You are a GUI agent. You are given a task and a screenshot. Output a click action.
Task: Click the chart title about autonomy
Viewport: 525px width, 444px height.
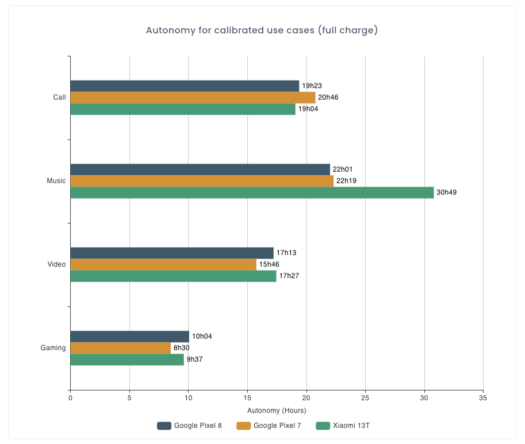point(262,30)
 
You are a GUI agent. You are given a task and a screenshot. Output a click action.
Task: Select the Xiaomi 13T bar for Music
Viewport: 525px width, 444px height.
point(252,192)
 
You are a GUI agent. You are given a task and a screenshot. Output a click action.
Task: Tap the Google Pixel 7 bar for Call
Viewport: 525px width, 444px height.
point(193,97)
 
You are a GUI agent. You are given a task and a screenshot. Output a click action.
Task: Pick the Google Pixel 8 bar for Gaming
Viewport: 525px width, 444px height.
point(129,336)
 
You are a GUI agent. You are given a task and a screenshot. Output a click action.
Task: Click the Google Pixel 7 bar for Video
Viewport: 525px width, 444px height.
point(163,264)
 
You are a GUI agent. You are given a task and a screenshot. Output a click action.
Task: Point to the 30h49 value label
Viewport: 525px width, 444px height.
point(447,192)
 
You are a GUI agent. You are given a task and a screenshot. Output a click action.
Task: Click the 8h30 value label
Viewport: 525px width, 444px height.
point(182,348)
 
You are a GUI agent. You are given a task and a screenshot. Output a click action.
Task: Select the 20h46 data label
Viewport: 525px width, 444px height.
point(328,97)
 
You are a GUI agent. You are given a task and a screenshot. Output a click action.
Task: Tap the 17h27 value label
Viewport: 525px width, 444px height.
point(289,276)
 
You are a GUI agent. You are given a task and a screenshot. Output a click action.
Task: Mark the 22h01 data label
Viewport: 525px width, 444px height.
point(343,169)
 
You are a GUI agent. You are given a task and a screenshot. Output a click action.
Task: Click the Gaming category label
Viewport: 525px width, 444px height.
point(53,348)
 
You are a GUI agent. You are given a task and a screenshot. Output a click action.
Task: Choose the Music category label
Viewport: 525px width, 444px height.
point(56,181)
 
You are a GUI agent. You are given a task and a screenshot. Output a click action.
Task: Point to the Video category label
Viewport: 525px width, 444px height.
point(56,264)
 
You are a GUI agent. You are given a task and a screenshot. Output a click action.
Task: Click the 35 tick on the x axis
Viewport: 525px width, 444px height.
point(483,398)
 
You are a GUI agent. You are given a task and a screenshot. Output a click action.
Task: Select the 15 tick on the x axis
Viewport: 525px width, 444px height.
point(247,398)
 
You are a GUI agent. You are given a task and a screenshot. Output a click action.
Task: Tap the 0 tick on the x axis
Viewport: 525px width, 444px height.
point(70,398)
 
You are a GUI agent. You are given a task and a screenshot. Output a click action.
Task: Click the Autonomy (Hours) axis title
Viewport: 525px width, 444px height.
point(277,411)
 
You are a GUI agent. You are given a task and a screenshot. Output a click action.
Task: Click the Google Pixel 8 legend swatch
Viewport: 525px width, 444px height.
point(164,426)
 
